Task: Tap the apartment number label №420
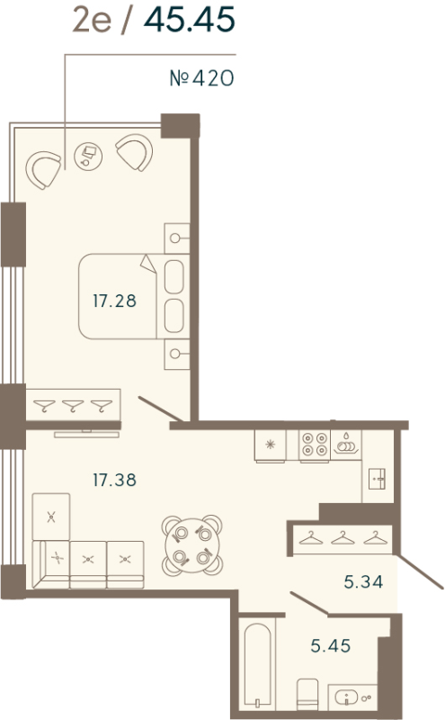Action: tap(201, 79)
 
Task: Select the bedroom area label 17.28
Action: tap(114, 301)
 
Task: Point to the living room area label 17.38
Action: tap(114, 480)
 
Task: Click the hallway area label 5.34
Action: tap(364, 582)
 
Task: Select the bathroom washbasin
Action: tap(356, 696)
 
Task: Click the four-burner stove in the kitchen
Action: tap(315, 445)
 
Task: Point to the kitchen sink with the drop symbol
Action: tap(346, 443)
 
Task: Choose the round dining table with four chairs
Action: tap(191, 544)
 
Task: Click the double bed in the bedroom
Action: tap(131, 297)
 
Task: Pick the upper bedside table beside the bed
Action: tap(177, 238)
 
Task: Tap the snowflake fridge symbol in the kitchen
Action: tap(271, 443)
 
